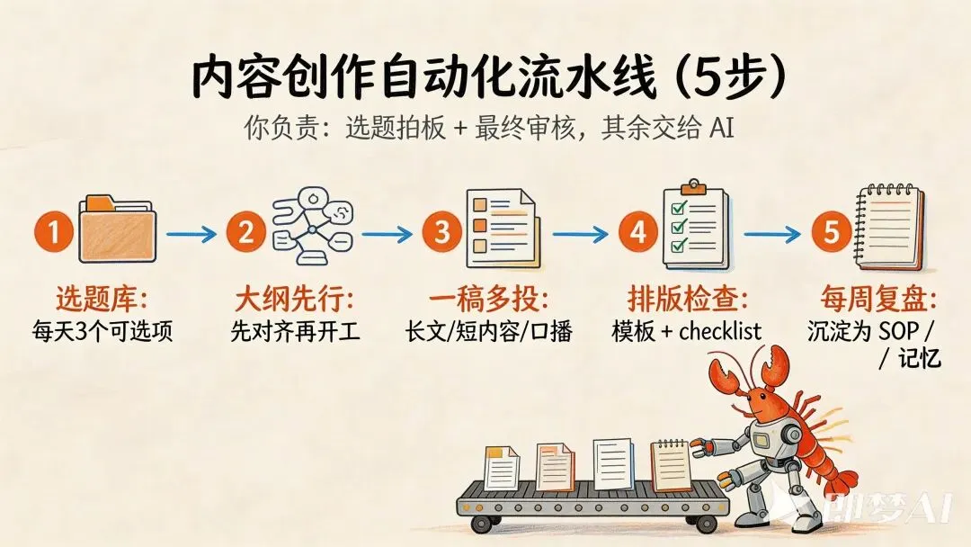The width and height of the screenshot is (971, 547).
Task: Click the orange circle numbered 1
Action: coord(54,234)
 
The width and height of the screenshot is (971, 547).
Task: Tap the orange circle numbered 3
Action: coord(441,234)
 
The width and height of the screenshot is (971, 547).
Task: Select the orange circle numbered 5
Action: coord(832,234)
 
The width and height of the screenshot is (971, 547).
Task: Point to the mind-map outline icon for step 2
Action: coord(314,228)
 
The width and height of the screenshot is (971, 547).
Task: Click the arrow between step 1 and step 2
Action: coord(192,235)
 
